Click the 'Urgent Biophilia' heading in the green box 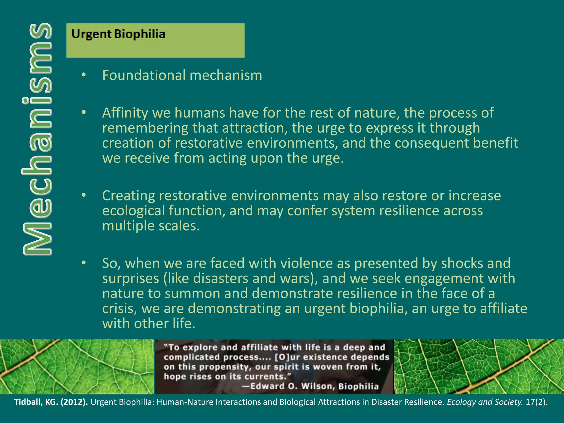click(x=118, y=34)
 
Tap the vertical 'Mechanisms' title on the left click(x=37, y=139)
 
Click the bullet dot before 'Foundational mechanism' click(x=84, y=75)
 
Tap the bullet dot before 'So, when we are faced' click(x=84, y=263)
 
